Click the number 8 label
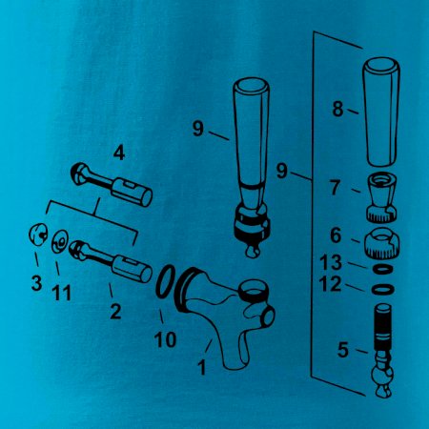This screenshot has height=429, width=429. [337, 109]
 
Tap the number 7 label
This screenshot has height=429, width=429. [335, 187]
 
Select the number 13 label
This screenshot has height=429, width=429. [331, 262]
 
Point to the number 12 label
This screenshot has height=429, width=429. [330, 284]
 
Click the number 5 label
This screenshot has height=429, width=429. [343, 350]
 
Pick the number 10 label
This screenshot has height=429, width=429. [165, 339]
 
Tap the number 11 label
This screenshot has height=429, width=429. [62, 293]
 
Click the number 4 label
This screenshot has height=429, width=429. [119, 153]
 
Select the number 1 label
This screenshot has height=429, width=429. [202, 367]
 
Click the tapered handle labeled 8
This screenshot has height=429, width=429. [381, 112]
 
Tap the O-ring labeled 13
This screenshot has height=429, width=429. [382, 269]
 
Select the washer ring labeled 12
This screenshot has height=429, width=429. [383, 289]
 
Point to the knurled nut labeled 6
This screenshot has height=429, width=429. [381, 243]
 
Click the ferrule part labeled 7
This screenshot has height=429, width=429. [381, 197]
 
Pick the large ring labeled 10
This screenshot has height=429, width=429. [166, 281]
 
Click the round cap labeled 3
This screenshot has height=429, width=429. [38, 235]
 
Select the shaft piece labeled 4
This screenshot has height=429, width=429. [112, 185]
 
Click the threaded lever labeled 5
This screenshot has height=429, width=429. [382, 351]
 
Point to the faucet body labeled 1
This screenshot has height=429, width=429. [222, 313]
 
